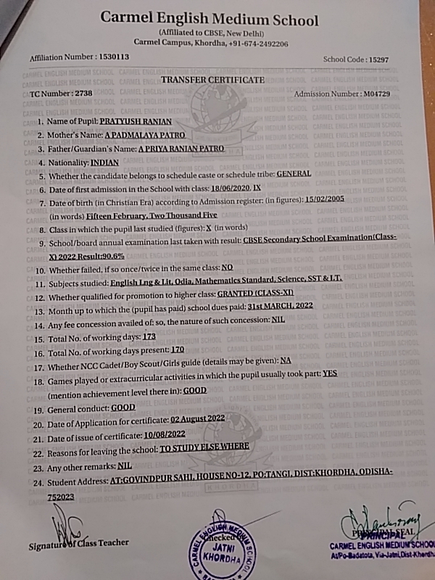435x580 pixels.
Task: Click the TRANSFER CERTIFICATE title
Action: (x=212, y=80)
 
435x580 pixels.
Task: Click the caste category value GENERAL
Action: (x=294, y=174)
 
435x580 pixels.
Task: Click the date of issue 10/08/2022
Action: (x=166, y=434)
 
